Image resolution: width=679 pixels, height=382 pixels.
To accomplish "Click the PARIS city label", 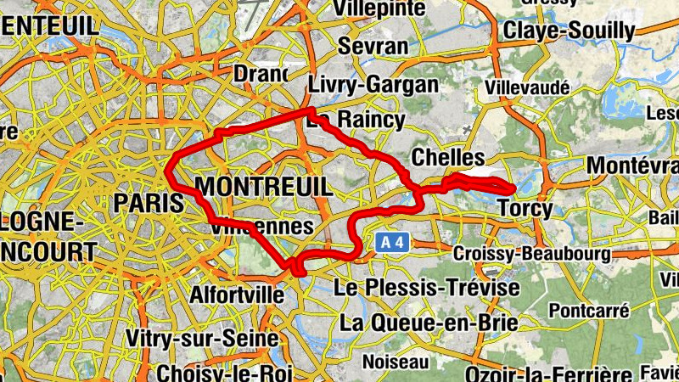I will (149, 203).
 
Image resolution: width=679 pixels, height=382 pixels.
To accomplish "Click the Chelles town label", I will (447, 158).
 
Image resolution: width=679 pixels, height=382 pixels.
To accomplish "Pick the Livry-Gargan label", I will (373, 85).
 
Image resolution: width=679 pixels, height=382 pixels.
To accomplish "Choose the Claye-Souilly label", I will (569, 31).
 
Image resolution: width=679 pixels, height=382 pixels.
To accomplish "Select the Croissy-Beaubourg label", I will (531, 254).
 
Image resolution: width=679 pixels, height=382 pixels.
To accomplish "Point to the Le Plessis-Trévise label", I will (427, 289).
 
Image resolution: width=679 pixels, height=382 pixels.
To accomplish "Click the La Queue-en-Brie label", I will (428, 323).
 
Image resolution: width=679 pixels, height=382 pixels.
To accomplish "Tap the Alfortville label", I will (237, 295).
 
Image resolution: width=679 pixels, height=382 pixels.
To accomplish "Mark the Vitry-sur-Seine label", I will (202, 338).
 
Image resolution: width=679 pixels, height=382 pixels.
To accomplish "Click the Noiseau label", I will (396, 362).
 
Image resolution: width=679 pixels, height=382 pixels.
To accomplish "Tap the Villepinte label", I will (379, 8).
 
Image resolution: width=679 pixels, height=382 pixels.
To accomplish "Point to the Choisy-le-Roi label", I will (224, 373).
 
